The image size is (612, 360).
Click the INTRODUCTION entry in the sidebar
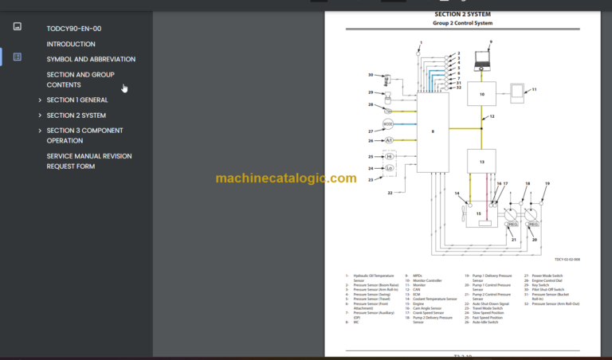[71, 44]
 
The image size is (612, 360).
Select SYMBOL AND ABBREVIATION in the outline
[91, 59]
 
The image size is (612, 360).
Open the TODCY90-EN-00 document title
[74, 29]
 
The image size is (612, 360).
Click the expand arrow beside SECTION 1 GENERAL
[40, 100]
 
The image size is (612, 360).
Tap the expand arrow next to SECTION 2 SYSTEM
[40, 115]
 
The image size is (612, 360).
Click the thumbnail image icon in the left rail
[18, 26]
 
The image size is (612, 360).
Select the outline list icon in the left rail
[18, 57]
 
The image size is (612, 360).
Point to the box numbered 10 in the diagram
[481, 94]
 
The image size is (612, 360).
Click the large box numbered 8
[433, 131]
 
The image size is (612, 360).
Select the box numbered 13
[481, 162]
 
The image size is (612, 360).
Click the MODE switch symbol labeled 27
[388, 124]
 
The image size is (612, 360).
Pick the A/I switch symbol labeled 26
[389, 140]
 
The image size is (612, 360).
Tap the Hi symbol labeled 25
[389, 157]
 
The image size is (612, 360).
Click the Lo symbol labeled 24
[389, 168]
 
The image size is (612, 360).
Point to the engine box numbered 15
[478, 213]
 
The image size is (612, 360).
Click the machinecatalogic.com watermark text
[285, 178]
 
